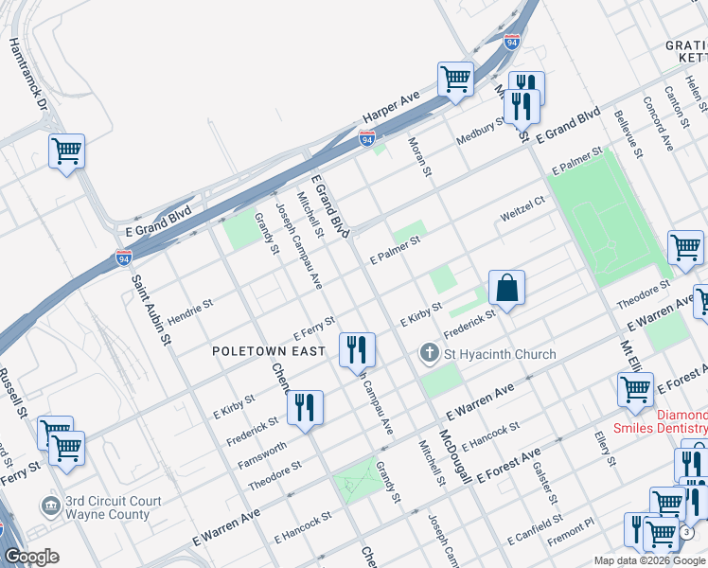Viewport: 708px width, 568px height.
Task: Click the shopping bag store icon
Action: pyautogui.click(x=506, y=287)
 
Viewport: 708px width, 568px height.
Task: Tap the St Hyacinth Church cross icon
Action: pyautogui.click(x=429, y=354)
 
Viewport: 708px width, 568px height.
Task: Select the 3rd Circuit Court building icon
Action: pyautogui.click(x=50, y=506)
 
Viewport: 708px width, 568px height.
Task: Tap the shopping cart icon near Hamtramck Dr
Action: pyautogui.click(x=67, y=151)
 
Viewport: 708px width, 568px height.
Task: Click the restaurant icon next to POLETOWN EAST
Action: pyautogui.click(x=357, y=349)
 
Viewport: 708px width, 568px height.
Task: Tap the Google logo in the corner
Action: pyautogui.click(x=32, y=557)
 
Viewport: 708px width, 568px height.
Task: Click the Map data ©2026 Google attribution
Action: pyautogui.click(x=649, y=560)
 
